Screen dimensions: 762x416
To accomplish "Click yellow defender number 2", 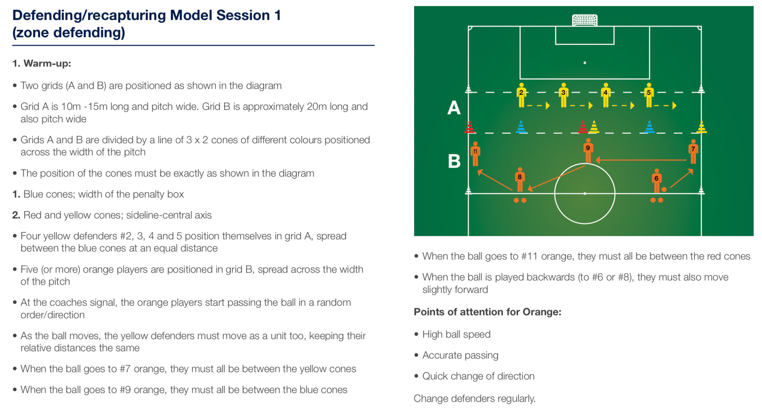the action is [x=521, y=95].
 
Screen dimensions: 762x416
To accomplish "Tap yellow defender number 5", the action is [x=649, y=95].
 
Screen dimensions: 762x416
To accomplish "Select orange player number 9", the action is [x=588, y=150].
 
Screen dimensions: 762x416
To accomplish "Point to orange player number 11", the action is [x=475, y=154].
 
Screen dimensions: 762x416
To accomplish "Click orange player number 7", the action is [x=693, y=152].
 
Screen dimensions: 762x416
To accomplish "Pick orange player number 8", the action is [x=520, y=180].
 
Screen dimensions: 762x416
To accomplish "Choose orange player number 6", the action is [x=656, y=181].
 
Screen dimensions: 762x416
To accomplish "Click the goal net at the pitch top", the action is [x=585, y=20].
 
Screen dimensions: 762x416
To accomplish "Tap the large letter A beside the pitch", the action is [x=454, y=108].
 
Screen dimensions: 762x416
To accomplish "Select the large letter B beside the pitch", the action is [x=454, y=161].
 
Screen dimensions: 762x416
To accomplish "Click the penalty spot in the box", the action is [x=585, y=63].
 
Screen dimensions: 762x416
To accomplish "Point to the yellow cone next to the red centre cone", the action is [x=594, y=127].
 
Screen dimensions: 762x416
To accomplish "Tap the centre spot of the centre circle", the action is [x=585, y=193].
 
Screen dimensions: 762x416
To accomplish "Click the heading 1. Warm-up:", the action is [x=42, y=63].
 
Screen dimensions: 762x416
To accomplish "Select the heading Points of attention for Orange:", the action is [x=487, y=312].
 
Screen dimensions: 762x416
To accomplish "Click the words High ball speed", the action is [x=456, y=335].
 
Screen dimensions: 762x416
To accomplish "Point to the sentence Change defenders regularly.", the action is [x=475, y=398].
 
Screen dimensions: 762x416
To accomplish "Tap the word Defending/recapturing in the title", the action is [x=89, y=15].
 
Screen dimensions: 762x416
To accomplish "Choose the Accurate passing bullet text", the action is [x=460, y=355].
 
